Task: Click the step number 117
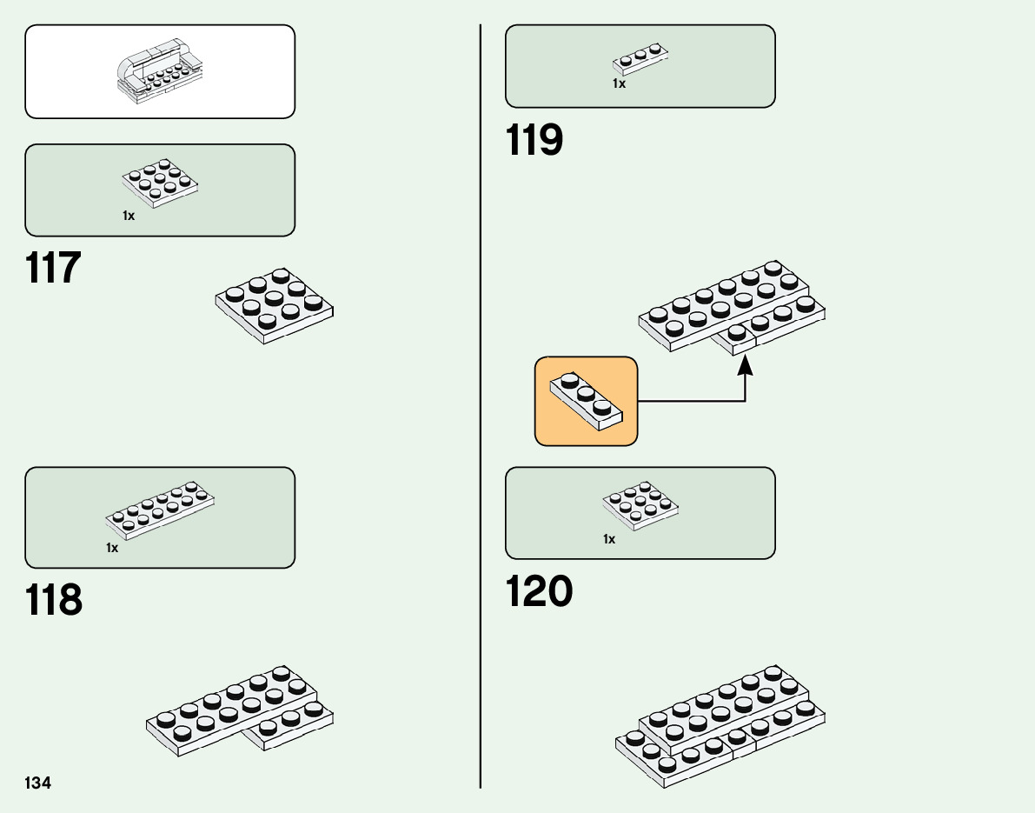pos(54,268)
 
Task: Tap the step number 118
pos(54,600)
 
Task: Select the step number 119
pos(534,140)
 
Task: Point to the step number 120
pos(539,591)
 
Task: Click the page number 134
pos(38,783)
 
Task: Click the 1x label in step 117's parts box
pos(129,216)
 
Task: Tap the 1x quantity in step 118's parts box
pos(112,548)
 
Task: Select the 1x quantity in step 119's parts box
pos(619,84)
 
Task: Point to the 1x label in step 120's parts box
pos(609,539)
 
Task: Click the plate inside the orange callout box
pos(586,401)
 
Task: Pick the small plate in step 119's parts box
pos(640,60)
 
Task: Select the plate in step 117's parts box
pos(160,183)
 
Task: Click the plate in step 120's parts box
pos(640,505)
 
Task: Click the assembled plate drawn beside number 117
pos(275,305)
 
